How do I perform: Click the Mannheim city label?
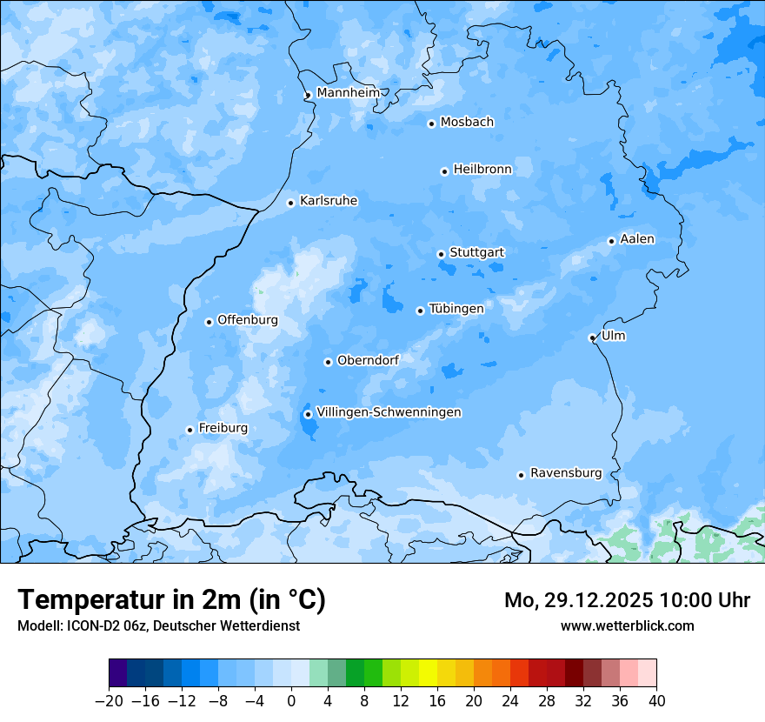(349, 93)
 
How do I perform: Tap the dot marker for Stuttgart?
(441, 254)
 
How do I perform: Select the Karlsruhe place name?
(329, 201)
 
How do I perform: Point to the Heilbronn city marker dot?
(444, 171)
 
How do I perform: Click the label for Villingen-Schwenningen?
(389, 412)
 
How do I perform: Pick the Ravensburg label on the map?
(566, 473)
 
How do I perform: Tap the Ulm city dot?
(592, 338)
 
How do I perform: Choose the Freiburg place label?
(223, 428)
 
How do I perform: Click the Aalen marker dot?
(611, 241)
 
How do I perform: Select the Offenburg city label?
(248, 320)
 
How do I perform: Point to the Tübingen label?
(456, 309)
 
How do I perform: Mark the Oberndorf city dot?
(328, 362)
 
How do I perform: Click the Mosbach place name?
(467, 123)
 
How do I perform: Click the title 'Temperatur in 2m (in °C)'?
(171, 599)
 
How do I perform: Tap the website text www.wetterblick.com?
(627, 625)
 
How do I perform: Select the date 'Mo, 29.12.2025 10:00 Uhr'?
(627, 600)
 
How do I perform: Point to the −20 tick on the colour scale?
(110, 701)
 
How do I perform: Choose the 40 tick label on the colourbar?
(656, 701)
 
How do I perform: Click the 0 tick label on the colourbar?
(291, 701)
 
